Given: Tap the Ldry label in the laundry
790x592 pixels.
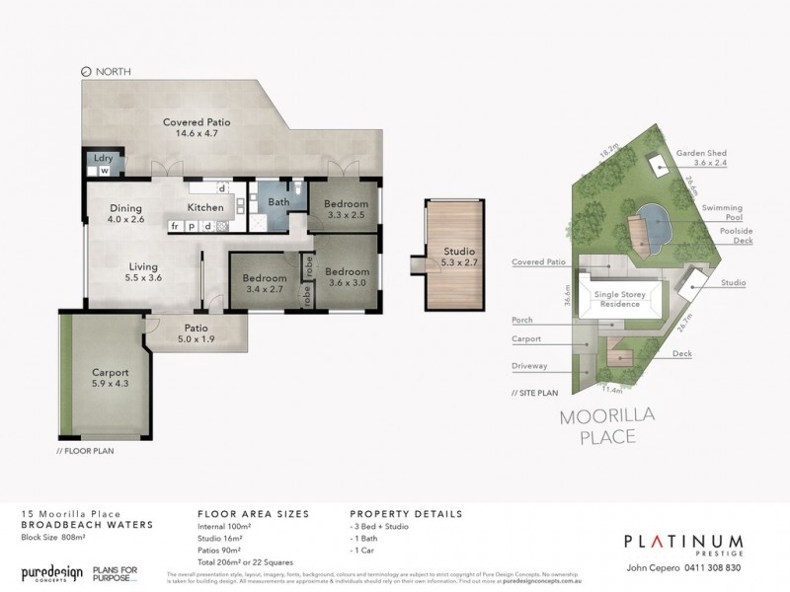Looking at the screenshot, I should click(x=101, y=158).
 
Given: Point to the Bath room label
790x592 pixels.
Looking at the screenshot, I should click(x=276, y=202).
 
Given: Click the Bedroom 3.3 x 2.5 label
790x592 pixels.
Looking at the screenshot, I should click(x=346, y=209).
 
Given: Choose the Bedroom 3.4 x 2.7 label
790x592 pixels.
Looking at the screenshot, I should click(x=264, y=285).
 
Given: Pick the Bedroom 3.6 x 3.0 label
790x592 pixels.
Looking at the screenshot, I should click(x=347, y=277).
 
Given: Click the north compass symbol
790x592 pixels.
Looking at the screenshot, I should click(x=86, y=72).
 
